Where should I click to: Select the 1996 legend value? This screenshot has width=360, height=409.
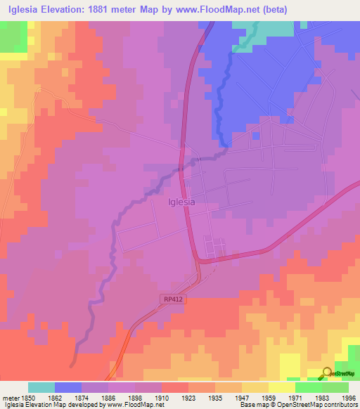(x=348, y=397)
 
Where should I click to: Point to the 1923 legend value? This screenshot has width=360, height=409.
(x=188, y=397)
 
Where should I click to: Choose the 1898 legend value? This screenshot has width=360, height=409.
(x=135, y=397)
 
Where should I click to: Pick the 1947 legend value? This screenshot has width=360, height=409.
(x=241, y=397)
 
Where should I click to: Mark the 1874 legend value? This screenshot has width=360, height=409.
(x=82, y=397)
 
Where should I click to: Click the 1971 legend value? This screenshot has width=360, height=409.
(x=295, y=397)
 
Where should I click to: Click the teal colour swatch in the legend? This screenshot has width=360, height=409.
(x=41, y=387)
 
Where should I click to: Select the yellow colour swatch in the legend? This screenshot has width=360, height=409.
(x=281, y=387)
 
